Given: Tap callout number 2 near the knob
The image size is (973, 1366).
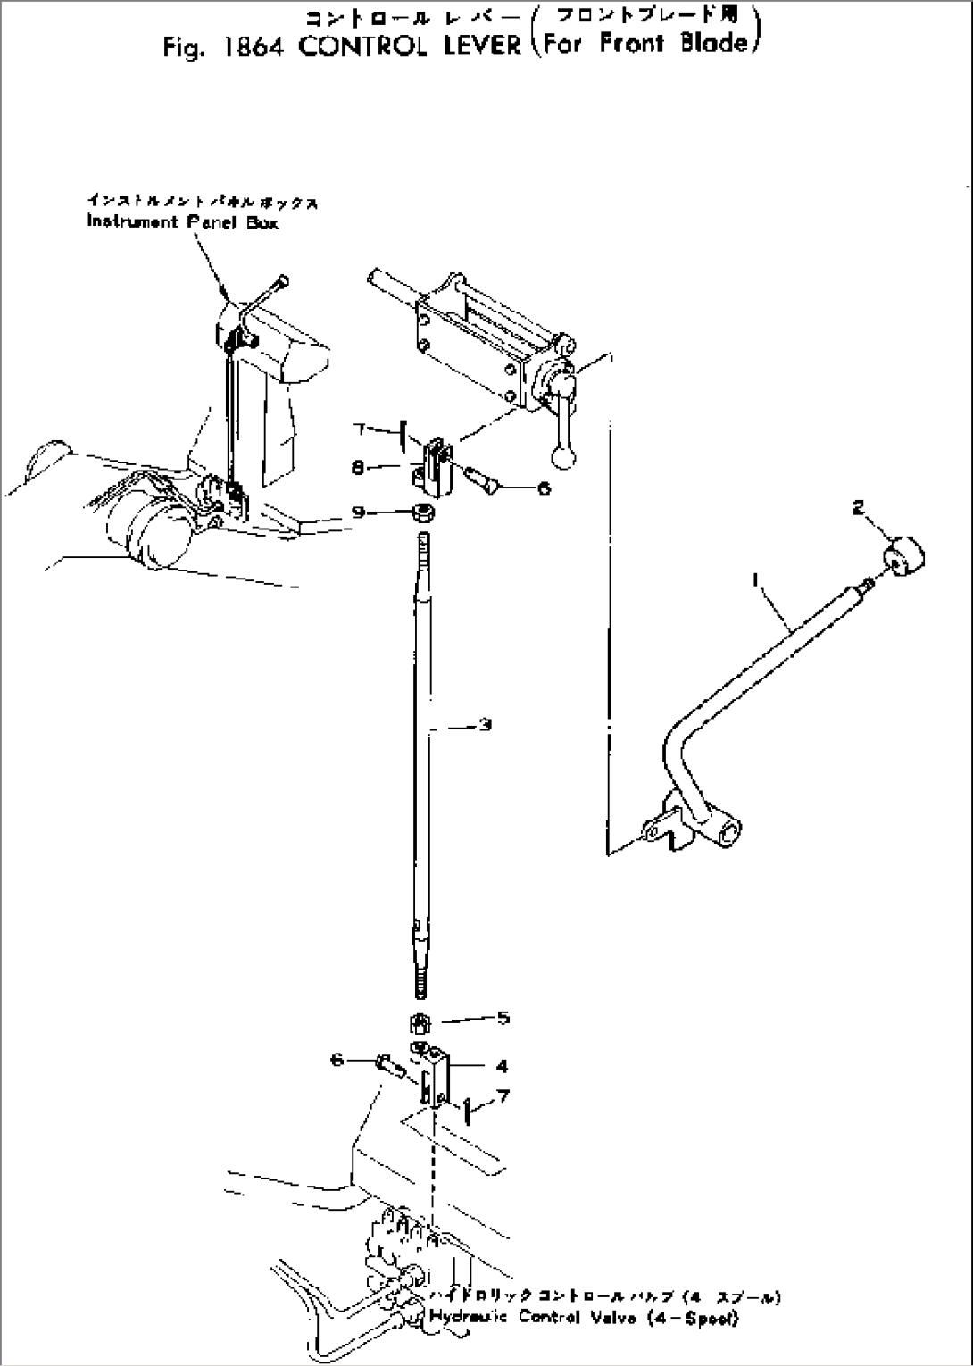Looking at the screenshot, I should (x=858, y=508).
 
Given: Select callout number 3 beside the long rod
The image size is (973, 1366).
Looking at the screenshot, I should (x=485, y=725).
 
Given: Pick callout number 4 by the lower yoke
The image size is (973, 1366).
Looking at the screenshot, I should (x=503, y=1065).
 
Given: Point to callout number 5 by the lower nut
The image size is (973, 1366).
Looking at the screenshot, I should (x=503, y=1017).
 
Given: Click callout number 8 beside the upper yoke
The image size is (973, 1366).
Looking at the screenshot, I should (x=357, y=466).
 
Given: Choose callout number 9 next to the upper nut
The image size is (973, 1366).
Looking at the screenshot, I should (x=357, y=512).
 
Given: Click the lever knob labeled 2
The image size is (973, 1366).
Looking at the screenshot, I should (x=904, y=558).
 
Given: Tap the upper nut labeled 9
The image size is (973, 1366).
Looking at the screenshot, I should (x=422, y=512).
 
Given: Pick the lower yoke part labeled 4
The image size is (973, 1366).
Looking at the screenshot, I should (x=435, y=1076).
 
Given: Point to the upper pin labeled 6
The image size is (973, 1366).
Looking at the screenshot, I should (x=484, y=480).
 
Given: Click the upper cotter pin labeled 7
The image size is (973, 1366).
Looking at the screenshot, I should (x=404, y=433).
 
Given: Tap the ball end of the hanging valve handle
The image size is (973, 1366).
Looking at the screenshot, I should (x=563, y=457).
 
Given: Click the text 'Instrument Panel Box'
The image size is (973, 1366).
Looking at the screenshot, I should (x=183, y=222).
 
